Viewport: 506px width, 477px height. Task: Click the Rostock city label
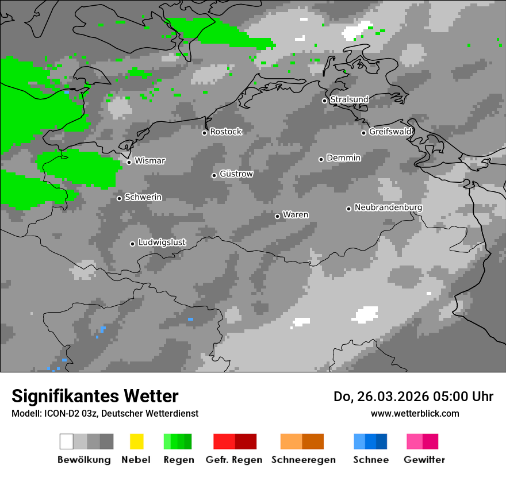click(x=225, y=132)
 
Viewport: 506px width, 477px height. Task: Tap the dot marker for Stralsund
click(x=324, y=101)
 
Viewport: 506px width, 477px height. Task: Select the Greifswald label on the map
click(x=390, y=132)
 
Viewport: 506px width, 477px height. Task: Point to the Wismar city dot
click(x=129, y=162)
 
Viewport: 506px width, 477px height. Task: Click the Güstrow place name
click(x=236, y=174)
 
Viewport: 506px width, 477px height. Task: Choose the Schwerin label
click(x=143, y=197)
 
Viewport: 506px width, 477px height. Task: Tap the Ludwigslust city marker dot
click(x=132, y=244)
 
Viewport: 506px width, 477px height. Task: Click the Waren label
click(x=296, y=215)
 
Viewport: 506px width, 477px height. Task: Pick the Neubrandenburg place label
click(x=388, y=207)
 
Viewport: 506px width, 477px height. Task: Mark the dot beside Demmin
click(x=321, y=159)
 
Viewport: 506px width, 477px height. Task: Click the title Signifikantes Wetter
click(x=95, y=396)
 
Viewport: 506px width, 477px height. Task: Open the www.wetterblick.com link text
click(x=415, y=413)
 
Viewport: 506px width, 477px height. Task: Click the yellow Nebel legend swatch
click(x=136, y=441)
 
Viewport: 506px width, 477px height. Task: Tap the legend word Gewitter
click(x=424, y=460)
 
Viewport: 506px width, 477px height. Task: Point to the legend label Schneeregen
click(x=303, y=460)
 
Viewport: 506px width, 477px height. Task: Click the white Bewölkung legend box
click(x=66, y=441)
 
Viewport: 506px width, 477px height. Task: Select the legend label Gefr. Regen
click(x=234, y=460)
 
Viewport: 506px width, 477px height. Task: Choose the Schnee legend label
click(x=371, y=460)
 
